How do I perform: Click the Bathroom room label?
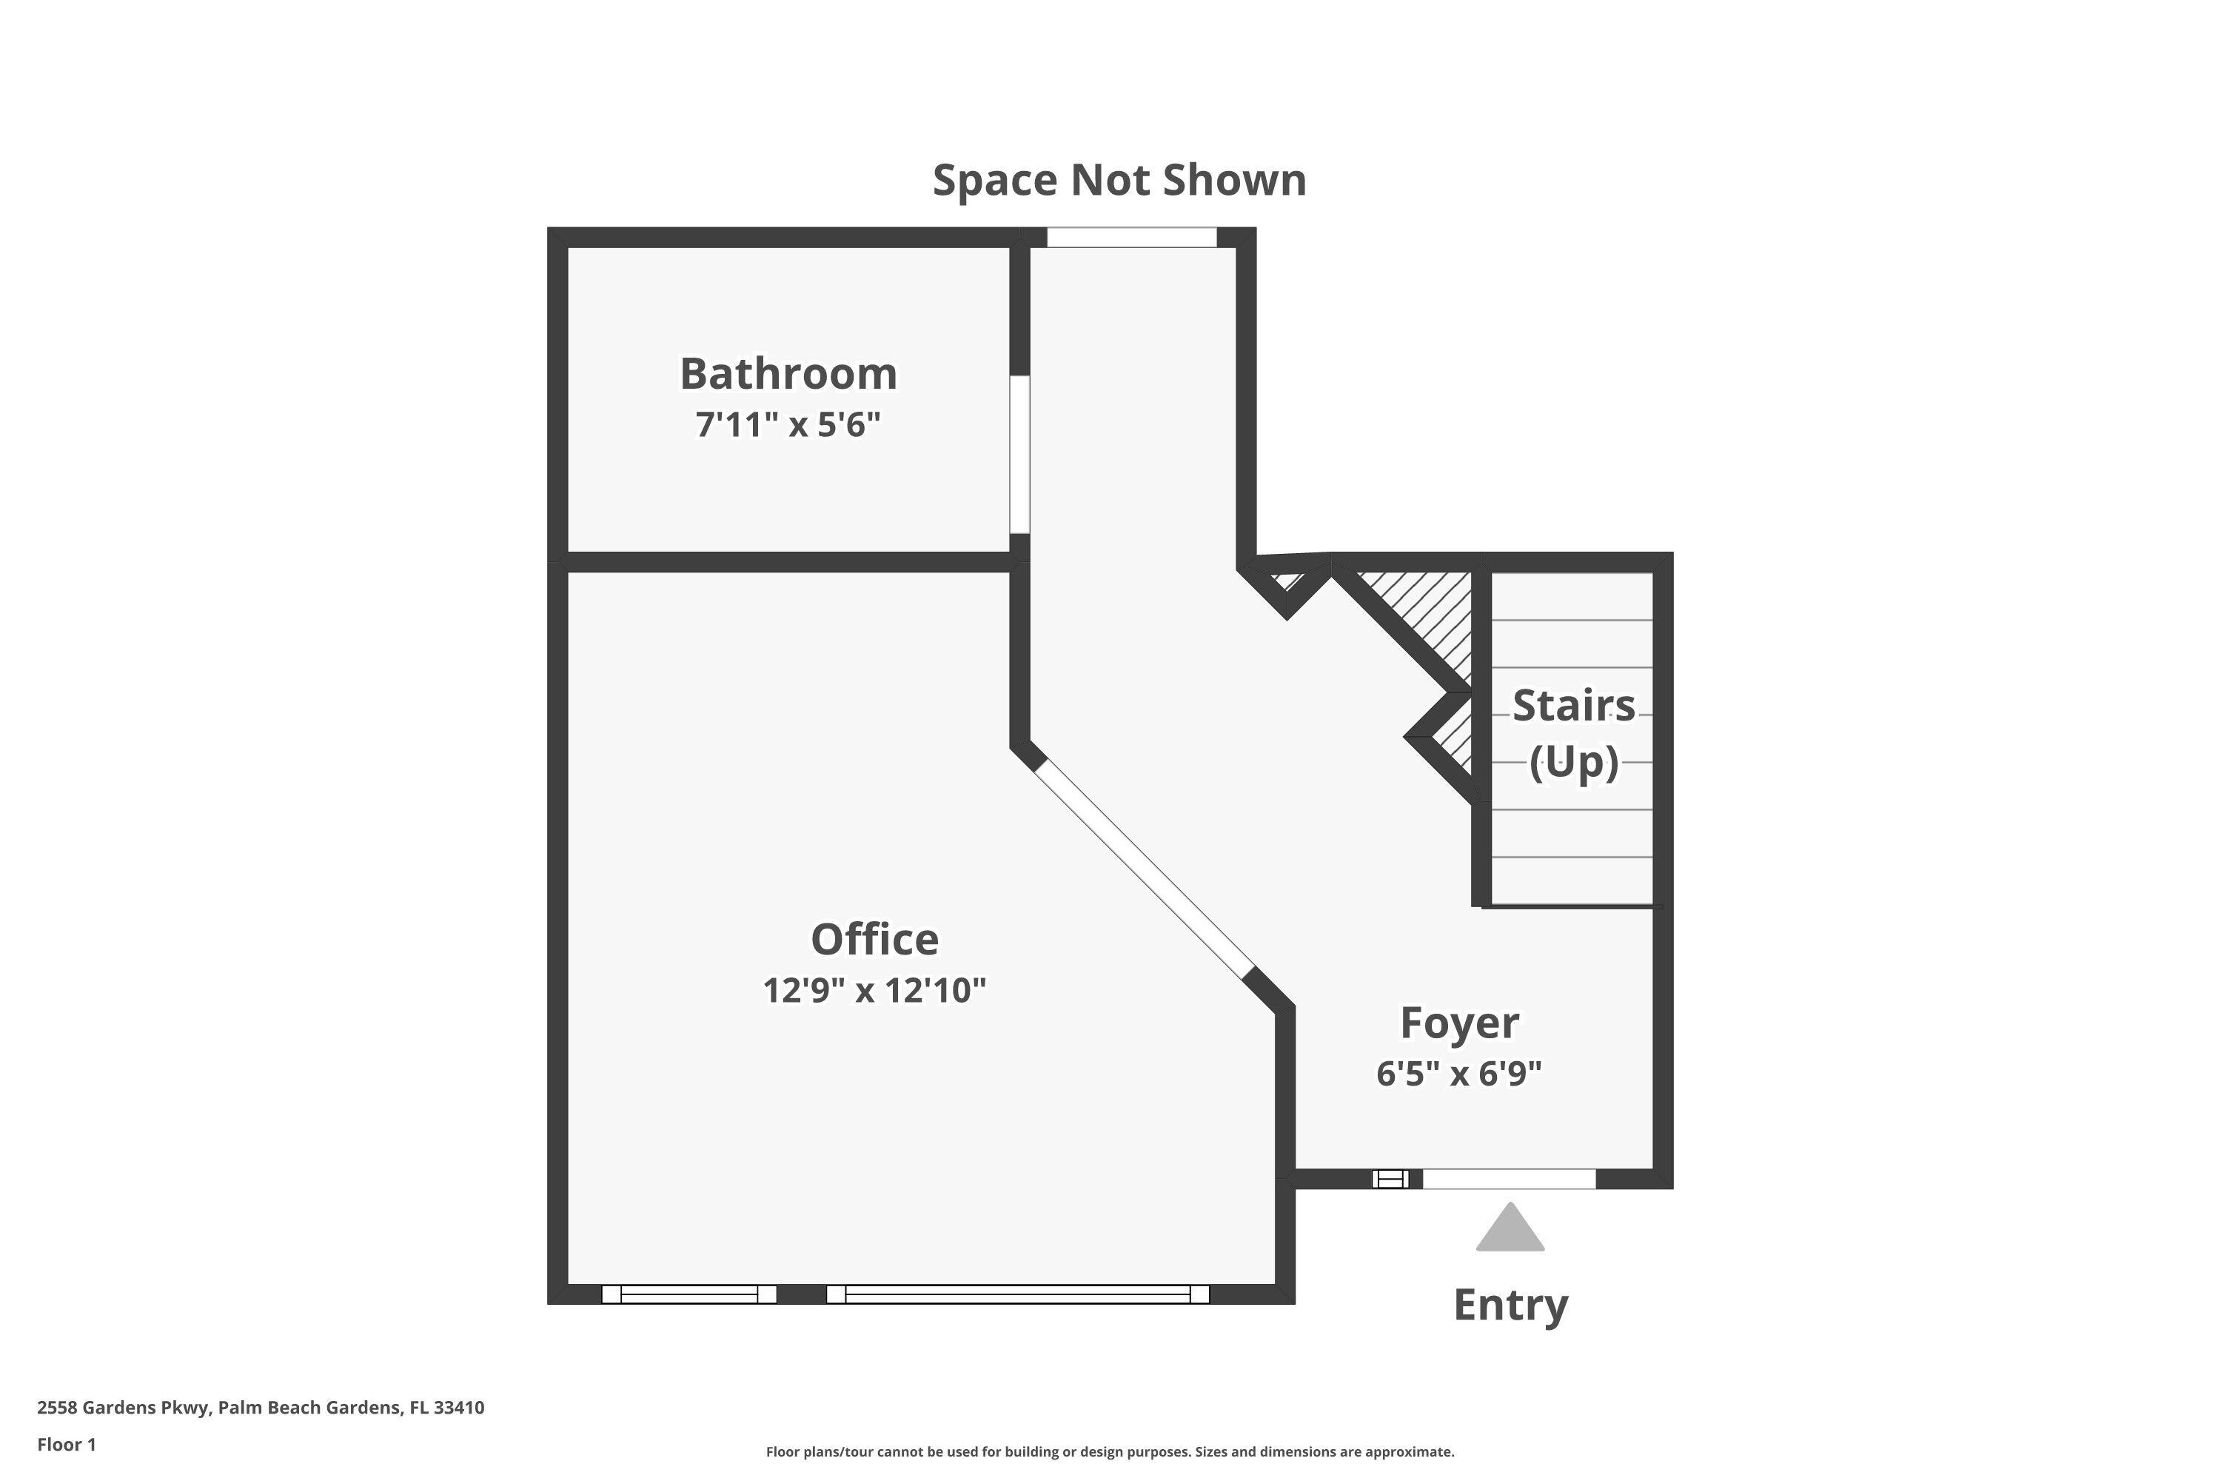(788, 373)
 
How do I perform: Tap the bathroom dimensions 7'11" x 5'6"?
(788, 425)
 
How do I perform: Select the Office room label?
(874, 939)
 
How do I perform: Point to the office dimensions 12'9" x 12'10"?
(874, 990)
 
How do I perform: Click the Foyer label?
(1459, 1022)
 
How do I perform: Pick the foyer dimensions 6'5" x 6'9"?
(1459, 1074)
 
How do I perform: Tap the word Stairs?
(1573, 706)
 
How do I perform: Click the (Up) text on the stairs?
(1573, 761)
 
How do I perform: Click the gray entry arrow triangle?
(1510, 1227)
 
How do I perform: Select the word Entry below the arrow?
(1511, 1306)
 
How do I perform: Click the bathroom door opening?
(1020, 455)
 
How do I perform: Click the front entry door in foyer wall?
(1509, 1179)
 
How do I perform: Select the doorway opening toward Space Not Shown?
(1131, 237)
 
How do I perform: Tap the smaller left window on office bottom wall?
(689, 1294)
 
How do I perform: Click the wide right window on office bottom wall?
(1018, 1294)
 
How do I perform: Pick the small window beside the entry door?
(1390, 1179)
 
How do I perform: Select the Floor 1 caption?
(66, 1444)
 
